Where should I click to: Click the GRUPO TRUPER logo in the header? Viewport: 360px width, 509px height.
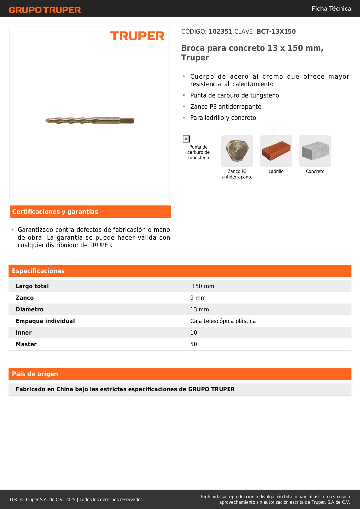click(45, 10)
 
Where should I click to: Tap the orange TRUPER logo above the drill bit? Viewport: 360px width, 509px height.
click(137, 36)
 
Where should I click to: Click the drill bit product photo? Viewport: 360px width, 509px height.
click(89, 120)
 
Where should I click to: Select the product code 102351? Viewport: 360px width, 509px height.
click(220, 32)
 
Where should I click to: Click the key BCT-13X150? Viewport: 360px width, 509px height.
click(276, 32)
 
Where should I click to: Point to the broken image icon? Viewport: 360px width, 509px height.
click(186, 139)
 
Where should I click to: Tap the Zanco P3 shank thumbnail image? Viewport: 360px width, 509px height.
click(237, 151)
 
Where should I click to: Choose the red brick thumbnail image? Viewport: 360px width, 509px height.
click(276, 151)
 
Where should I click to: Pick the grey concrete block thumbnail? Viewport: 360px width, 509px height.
click(315, 151)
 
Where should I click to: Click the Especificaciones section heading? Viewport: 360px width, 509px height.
click(38, 271)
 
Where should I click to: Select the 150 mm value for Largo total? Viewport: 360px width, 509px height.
click(203, 286)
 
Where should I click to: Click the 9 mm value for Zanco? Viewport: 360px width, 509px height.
click(198, 298)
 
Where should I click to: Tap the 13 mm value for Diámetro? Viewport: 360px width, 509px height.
click(200, 309)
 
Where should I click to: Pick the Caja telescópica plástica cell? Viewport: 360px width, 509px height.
click(223, 321)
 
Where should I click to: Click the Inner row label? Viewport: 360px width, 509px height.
click(23, 333)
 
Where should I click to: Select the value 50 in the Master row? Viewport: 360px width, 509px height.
click(193, 344)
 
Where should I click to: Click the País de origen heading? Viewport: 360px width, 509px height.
click(35, 374)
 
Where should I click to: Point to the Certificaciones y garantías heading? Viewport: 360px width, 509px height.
click(55, 212)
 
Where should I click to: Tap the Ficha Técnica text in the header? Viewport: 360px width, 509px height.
click(331, 8)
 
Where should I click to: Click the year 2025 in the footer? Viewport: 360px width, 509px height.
click(70, 499)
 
